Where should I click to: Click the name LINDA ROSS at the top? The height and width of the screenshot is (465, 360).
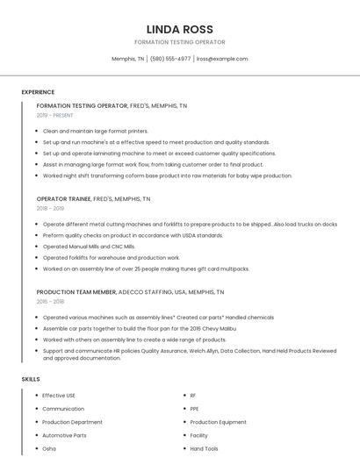tap(180, 30)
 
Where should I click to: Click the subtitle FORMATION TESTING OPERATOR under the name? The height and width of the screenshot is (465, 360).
tap(180, 42)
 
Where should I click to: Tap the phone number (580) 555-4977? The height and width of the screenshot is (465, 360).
tap(170, 59)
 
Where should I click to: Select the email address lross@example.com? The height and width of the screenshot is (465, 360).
tap(222, 59)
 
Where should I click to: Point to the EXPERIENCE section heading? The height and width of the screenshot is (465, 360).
tap(38, 92)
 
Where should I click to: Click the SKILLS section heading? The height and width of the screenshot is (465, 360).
tap(31, 379)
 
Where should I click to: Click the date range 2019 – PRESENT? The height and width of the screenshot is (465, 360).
tap(54, 115)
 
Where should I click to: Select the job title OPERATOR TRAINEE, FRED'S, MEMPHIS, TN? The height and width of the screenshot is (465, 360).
tap(93, 199)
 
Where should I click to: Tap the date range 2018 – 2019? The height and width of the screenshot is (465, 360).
tap(50, 209)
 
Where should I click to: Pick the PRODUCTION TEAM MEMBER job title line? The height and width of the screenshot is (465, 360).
tap(130, 292)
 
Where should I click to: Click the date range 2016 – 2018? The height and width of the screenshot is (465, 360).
tap(50, 302)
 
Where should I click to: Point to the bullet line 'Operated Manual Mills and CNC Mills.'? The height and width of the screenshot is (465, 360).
tap(89, 247)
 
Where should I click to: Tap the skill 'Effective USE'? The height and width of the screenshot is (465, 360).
tap(59, 396)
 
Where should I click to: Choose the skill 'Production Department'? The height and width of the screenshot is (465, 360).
tap(72, 422)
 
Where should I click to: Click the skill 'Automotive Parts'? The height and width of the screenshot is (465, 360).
tap(64, 435)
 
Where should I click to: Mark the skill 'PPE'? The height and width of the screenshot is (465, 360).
tap(195, 409)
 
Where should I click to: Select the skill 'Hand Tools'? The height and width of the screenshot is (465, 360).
tap(204, 448)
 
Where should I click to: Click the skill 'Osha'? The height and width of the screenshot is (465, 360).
tap(49, 448)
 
